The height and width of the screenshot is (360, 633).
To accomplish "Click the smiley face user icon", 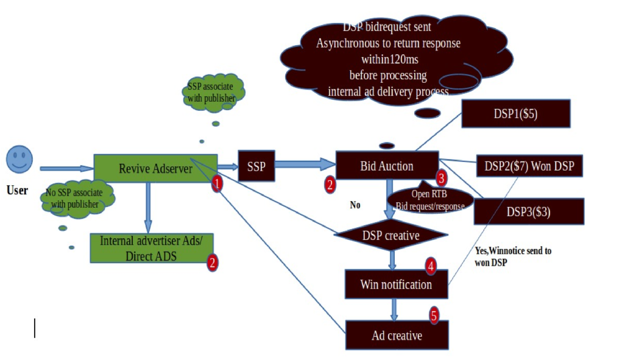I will (x=19, y=160).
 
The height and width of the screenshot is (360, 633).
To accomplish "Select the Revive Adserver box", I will (x=155, y=169).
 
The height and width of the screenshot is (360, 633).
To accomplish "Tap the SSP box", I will (x=256, y=166).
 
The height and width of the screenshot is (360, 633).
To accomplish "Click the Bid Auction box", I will (x=386, y=166).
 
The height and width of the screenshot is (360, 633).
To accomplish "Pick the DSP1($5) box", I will (x=515, y=114).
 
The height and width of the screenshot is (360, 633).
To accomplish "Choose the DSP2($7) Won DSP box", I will (x=534, y=165).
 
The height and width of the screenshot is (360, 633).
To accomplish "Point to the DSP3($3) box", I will (x=529, y=211).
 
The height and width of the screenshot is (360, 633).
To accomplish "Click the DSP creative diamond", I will (x=391, y=235).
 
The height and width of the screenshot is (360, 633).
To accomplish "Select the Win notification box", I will (x=395, y=284).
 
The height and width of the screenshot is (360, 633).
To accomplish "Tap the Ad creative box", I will (x=397, y=335).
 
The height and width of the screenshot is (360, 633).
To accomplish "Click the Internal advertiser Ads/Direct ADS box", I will (x=155, y=247).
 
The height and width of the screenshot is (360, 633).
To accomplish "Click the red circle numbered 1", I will (x=217, y=184).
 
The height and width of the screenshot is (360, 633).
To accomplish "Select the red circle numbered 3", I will (x=442, y=178).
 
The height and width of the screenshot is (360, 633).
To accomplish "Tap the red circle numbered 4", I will (x=431, y=266).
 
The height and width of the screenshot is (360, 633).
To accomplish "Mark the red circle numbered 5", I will (x=434, y=316).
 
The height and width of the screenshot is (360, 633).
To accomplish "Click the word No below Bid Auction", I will (x=355, y=205).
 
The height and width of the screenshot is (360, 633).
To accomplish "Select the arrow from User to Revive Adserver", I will (x=66, y=168).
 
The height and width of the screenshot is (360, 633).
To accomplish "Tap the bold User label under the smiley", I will (x=17, y=191).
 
